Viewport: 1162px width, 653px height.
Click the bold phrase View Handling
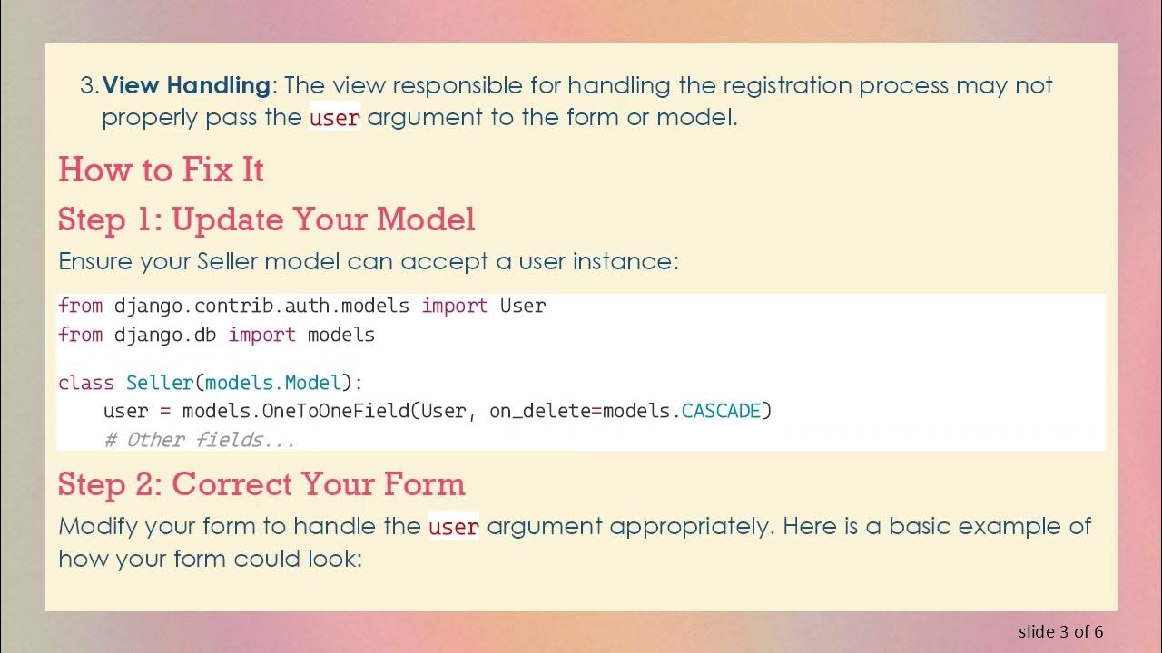186,86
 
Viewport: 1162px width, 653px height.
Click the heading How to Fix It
161,170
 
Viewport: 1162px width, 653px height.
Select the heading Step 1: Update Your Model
266,219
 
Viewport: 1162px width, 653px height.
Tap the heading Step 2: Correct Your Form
261,484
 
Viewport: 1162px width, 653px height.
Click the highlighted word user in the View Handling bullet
335,118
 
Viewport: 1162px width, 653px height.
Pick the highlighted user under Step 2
454,527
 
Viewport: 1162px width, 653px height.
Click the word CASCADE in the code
721,411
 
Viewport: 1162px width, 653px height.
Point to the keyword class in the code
86,383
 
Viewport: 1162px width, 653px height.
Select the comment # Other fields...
200,440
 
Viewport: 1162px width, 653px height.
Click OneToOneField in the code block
336,411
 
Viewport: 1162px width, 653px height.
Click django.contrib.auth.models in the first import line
261,307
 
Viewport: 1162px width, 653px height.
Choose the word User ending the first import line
523,307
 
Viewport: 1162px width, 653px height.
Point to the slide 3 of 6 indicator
1060,631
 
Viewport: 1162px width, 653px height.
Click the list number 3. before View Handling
89,86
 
